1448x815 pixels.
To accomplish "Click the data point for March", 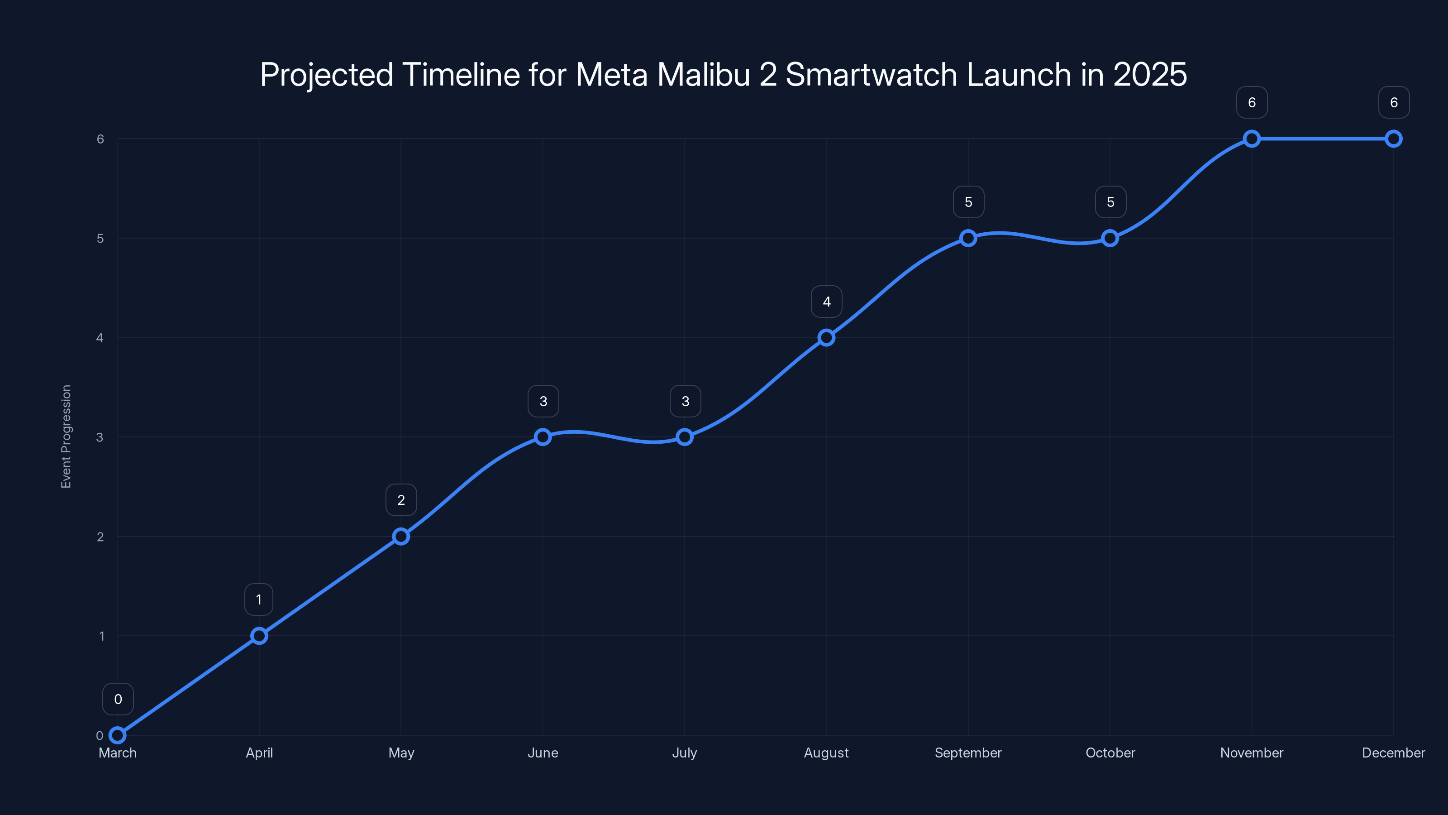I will point(118,735).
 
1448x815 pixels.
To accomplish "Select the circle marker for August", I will point(826,337).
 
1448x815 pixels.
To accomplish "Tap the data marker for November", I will point(1252,139).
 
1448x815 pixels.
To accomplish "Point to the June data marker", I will point(543,437).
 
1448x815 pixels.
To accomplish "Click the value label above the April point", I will point(258,599).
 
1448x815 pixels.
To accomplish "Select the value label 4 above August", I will point(826,302).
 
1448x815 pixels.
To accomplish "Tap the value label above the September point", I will point(968,202).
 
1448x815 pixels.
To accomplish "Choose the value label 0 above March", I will point(118,699).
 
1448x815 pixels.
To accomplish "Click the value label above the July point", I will point(685,401).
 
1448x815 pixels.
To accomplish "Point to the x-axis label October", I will point(1110,753).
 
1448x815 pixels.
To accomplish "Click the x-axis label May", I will point(401,753).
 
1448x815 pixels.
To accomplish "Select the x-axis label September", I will point(968,753).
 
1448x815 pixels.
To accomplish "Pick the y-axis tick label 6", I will point(100,139).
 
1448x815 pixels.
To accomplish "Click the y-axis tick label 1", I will point(101,636).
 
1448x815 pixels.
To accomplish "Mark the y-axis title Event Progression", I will point(67,436).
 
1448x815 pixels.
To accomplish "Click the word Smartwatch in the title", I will point(871,75).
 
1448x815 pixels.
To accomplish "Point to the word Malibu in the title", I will point(703,75).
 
